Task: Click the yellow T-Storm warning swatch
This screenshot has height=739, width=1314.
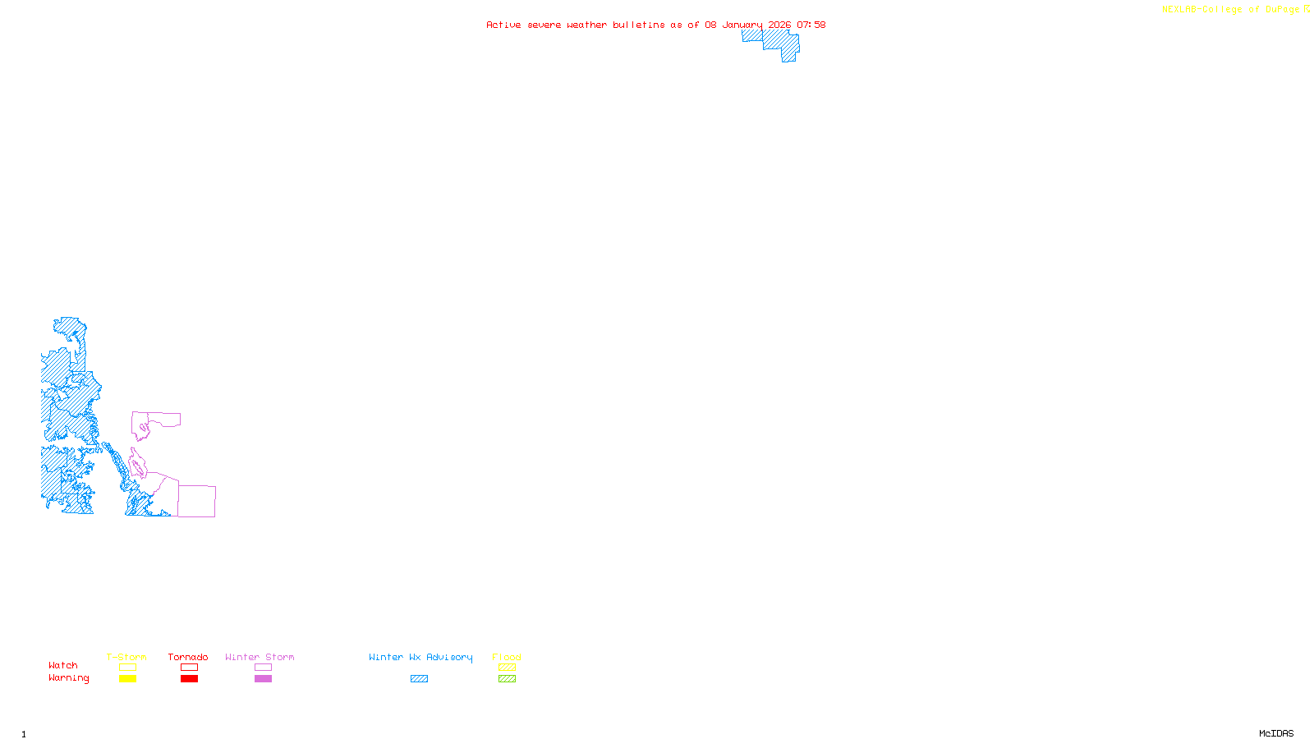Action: pyautogui.click(x=127, y=679)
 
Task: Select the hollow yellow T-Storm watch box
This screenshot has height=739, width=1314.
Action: pyautogui.click(x=127, y=668)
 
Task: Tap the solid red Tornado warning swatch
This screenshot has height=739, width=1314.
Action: pyautogui.click(x=189, y=679)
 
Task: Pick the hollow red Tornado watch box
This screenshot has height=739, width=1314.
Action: pyautogui.click(x=189, y=668)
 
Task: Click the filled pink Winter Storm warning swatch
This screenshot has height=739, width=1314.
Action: pyautogui.click(x=263, y=679)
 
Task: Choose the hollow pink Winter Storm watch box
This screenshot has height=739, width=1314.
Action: pyautogui.click(x=263, y=668)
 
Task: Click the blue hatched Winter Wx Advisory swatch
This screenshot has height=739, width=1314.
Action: pyautogui.click(x=419, y=679)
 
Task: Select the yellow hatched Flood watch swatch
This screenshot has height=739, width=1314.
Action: pyautogui.click(x=507, y=668)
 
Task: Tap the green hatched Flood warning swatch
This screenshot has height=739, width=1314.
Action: pyautogui.click(x=507, y=679)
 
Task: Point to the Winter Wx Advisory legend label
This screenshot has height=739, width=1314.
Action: pyautogui.click(x=420, y=657)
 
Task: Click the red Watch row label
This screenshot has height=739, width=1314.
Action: pyautogui.click(x=63, y=665)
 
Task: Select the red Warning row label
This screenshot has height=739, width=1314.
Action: pyautogui.click(x=68, y=678)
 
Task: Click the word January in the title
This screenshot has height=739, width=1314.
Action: pyautogui.click(x=742, y=25)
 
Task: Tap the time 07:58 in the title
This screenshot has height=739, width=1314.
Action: pyautogui.click(x=811, y=25)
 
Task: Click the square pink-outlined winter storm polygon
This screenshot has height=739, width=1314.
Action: pyautogui.click(x=197, y=501)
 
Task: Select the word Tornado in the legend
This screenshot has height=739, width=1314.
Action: pyautogui.click(x=188, y=657)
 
